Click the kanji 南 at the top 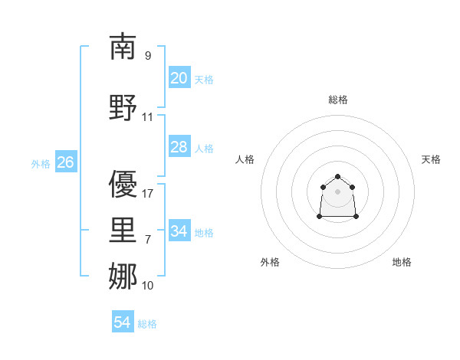coord(123,47)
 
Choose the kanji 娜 coord(123,277)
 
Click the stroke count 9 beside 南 coord(148,56)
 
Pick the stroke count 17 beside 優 coord(148,194)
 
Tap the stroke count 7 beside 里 coord(148,240)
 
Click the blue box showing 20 coord(179,78)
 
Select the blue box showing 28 coord(179,147)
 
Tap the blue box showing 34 coord(179,231)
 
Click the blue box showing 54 coord(123,322)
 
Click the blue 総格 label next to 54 coord(147,324)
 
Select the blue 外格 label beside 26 coord(41,163)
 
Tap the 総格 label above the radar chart coord(337,100)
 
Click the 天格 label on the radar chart coord(431,159)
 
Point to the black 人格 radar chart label coord(245,159)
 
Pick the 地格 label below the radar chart coord(402,262)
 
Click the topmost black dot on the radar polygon coord(337,177)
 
